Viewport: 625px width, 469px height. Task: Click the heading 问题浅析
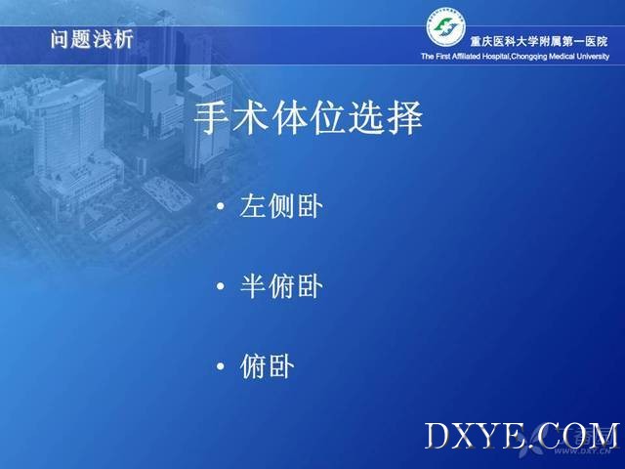coord(92,39)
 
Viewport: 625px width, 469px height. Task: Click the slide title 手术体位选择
coord(308,117)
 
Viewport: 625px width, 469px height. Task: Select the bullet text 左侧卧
coord(281,206)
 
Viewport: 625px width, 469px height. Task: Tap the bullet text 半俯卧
coord(281,286)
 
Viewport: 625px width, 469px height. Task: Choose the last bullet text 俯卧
coord(267,366)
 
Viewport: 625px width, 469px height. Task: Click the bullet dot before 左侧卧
coord(221,206)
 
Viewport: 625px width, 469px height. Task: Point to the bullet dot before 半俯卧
coord(221,286)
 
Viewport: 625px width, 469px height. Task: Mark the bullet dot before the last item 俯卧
coord(221,366)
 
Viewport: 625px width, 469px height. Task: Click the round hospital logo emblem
coord(446,27)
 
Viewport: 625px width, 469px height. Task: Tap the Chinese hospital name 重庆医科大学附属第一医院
coord(539,41)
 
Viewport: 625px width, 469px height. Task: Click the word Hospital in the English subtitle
coord(496,57)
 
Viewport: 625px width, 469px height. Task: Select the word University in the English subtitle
coord(593,57)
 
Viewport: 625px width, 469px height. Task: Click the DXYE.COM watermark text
coord(521,437)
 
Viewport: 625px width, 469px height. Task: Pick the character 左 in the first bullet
coord(253,206)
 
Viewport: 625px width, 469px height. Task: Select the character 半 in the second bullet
coord(253,286)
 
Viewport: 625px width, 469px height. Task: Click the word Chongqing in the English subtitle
coord(528,57)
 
